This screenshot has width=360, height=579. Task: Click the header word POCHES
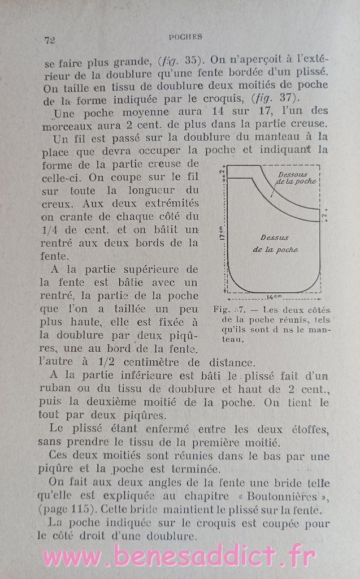click(185, 37)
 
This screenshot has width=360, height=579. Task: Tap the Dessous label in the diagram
click(293, 174)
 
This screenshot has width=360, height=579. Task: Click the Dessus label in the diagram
click(274, 237)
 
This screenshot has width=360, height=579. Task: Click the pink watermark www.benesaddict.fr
click(180, 556)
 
